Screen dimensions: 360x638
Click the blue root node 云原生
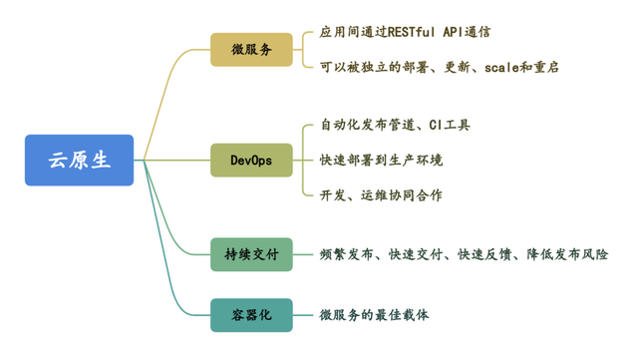point(79,161)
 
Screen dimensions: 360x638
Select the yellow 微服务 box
point(251,49)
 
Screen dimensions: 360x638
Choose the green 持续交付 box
point(251,254)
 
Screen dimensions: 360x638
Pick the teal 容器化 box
point(251,315)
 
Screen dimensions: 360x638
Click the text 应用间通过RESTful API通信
point(405,33)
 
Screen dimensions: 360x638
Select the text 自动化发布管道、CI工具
point(395,126)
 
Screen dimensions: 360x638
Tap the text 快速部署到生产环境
point(381,160)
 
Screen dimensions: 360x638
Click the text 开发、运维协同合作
point(381,194)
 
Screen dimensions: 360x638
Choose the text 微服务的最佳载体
point(374,315)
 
